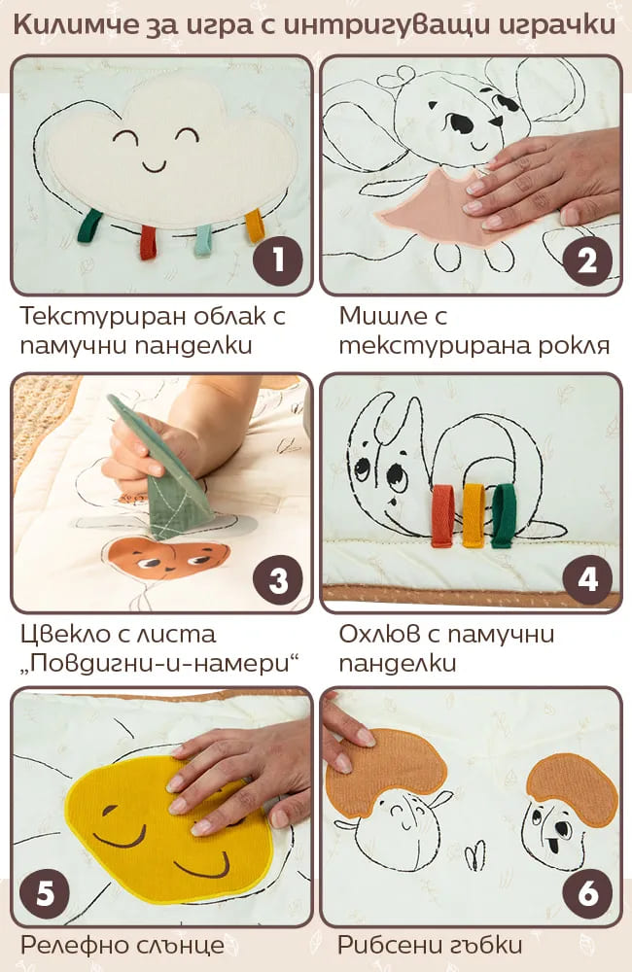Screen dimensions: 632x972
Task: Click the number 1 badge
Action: pyautogui.click(x=278, y=260)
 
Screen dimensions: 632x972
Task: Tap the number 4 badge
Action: pyautogui.click(x=587, y=579)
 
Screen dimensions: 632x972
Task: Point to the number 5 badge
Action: pyautogui.click(x=45, y=893)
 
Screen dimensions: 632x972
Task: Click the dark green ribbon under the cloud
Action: pyautogui.click(x=89, y=226)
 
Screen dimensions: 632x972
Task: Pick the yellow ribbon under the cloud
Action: pyautogui.click(x=255, y=226)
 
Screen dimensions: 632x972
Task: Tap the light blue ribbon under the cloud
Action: pyautogui.click(x=203, y=240)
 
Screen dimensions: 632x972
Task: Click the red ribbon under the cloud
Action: pyautogui.click(x=148, y=242)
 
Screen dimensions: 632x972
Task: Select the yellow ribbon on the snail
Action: pyautogui.click(x=474, y=515)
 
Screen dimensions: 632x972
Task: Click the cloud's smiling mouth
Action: pyautogui.click(x=155, y=165)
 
